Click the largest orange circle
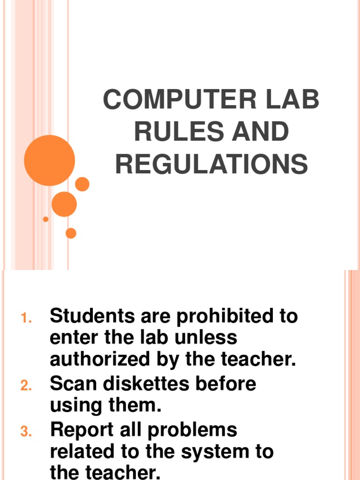click(x=49, y=160)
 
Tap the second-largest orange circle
click(x=64, y=204)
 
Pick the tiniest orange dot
click(x=45, y=219)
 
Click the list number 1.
click(x=26, y=318)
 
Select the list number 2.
click(x=26, y=386)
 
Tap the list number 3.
click(x=26, y=432)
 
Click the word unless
click(x=207, y=337)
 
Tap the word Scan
click(x=70, y=384)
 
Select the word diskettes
click(x=148, y=384)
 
